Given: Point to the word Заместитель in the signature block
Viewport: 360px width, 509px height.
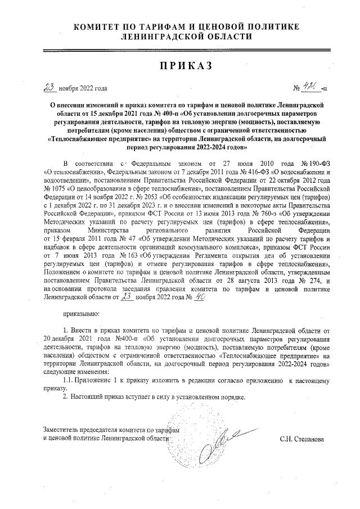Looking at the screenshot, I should [63, 430].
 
